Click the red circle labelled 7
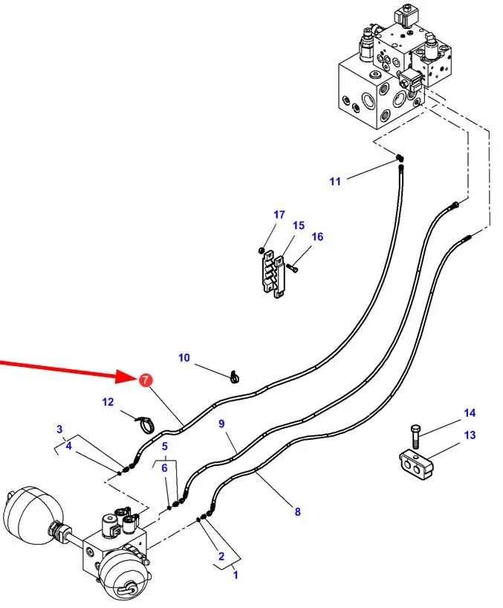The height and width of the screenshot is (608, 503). (145, 380)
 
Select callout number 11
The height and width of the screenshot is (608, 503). (335, 181)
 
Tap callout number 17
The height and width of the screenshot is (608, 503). (279, 215)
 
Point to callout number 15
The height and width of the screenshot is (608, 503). (298, 225)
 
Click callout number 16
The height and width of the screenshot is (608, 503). (317, 237)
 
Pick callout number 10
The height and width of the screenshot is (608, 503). (184, 358)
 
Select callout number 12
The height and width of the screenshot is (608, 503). (108, 402)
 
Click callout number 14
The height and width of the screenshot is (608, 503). (470, 413)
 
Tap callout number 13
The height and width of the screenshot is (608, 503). (470, 435)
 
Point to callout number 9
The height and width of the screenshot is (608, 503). (221, 423)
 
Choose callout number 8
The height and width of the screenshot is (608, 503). (298, 511)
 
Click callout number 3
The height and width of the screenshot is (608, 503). (60, 429)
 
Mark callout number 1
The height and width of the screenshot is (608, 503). (236, 575)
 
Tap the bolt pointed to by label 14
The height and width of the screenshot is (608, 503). (415, 436)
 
